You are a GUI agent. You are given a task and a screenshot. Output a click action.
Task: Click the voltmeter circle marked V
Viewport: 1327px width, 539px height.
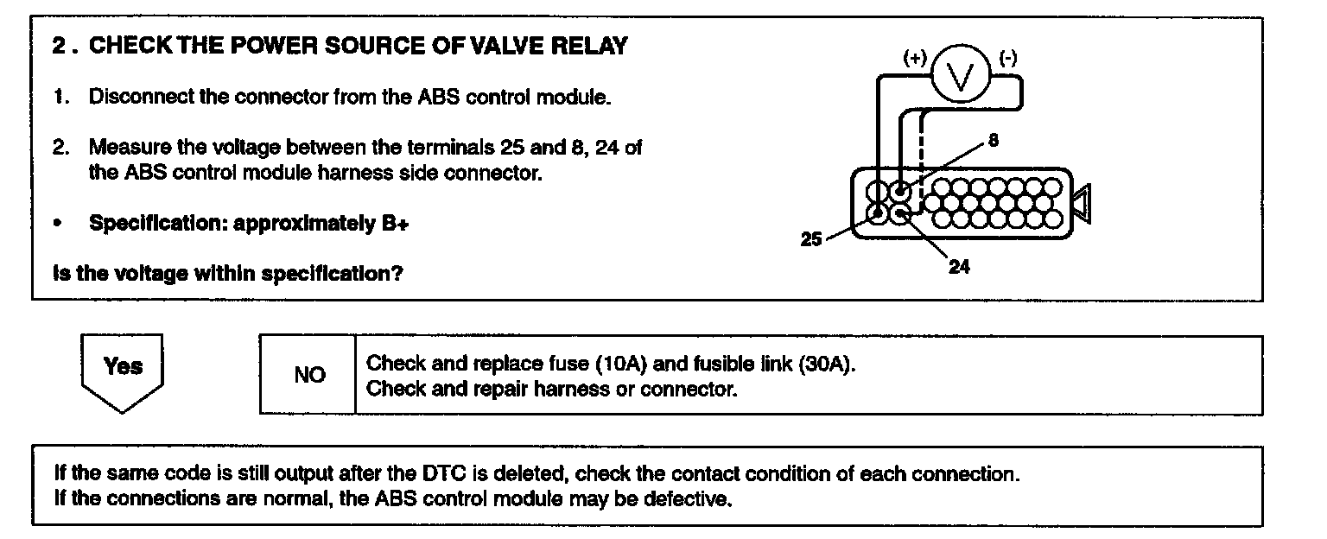click(959, 79)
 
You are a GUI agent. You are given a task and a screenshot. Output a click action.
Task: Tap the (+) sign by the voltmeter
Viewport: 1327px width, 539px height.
click(914, 59)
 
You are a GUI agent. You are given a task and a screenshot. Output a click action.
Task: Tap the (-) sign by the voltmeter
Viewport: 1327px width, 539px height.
click(1007, 59)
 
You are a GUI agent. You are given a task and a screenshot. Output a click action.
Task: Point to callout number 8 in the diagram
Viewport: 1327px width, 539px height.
click(994, 141)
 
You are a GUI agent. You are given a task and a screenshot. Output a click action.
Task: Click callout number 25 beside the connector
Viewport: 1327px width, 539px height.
click(810, 239)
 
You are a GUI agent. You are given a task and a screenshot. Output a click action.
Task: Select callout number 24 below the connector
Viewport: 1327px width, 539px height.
click(959, 267)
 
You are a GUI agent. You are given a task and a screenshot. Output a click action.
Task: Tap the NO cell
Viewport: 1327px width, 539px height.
click(308, 375)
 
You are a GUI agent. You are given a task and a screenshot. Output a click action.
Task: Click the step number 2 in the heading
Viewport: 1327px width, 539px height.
click(59, 46)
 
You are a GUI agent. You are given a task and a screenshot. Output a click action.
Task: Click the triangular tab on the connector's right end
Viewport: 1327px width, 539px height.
click(1080, 203)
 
